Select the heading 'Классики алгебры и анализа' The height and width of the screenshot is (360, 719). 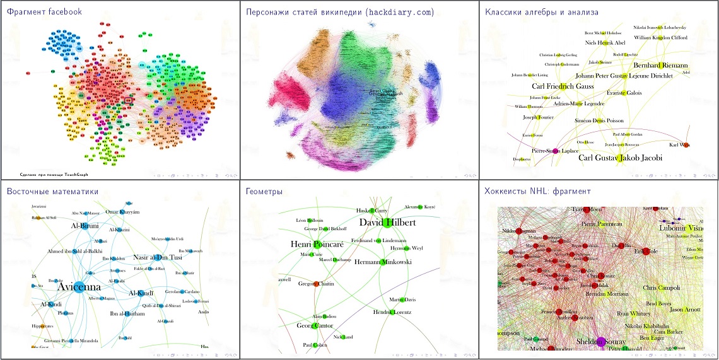pyautogui.click(x=541, y=11)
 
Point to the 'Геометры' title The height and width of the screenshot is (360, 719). pyautogui.click(x=264, y=191)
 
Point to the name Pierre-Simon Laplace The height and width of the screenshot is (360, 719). pyautogui.click(x=554, y=151)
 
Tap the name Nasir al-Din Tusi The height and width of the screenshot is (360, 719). pyautogui.click(x=158, y=257)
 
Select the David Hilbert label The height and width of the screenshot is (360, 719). pyautogui.click(x=387, y=223)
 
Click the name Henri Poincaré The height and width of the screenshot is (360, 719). pyautogui.click(x=315, y=244)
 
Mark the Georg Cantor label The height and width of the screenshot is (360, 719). pyautogui.click(x=316, y=326)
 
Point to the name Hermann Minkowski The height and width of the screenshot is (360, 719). pyautogui.click(x=383, y=262)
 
